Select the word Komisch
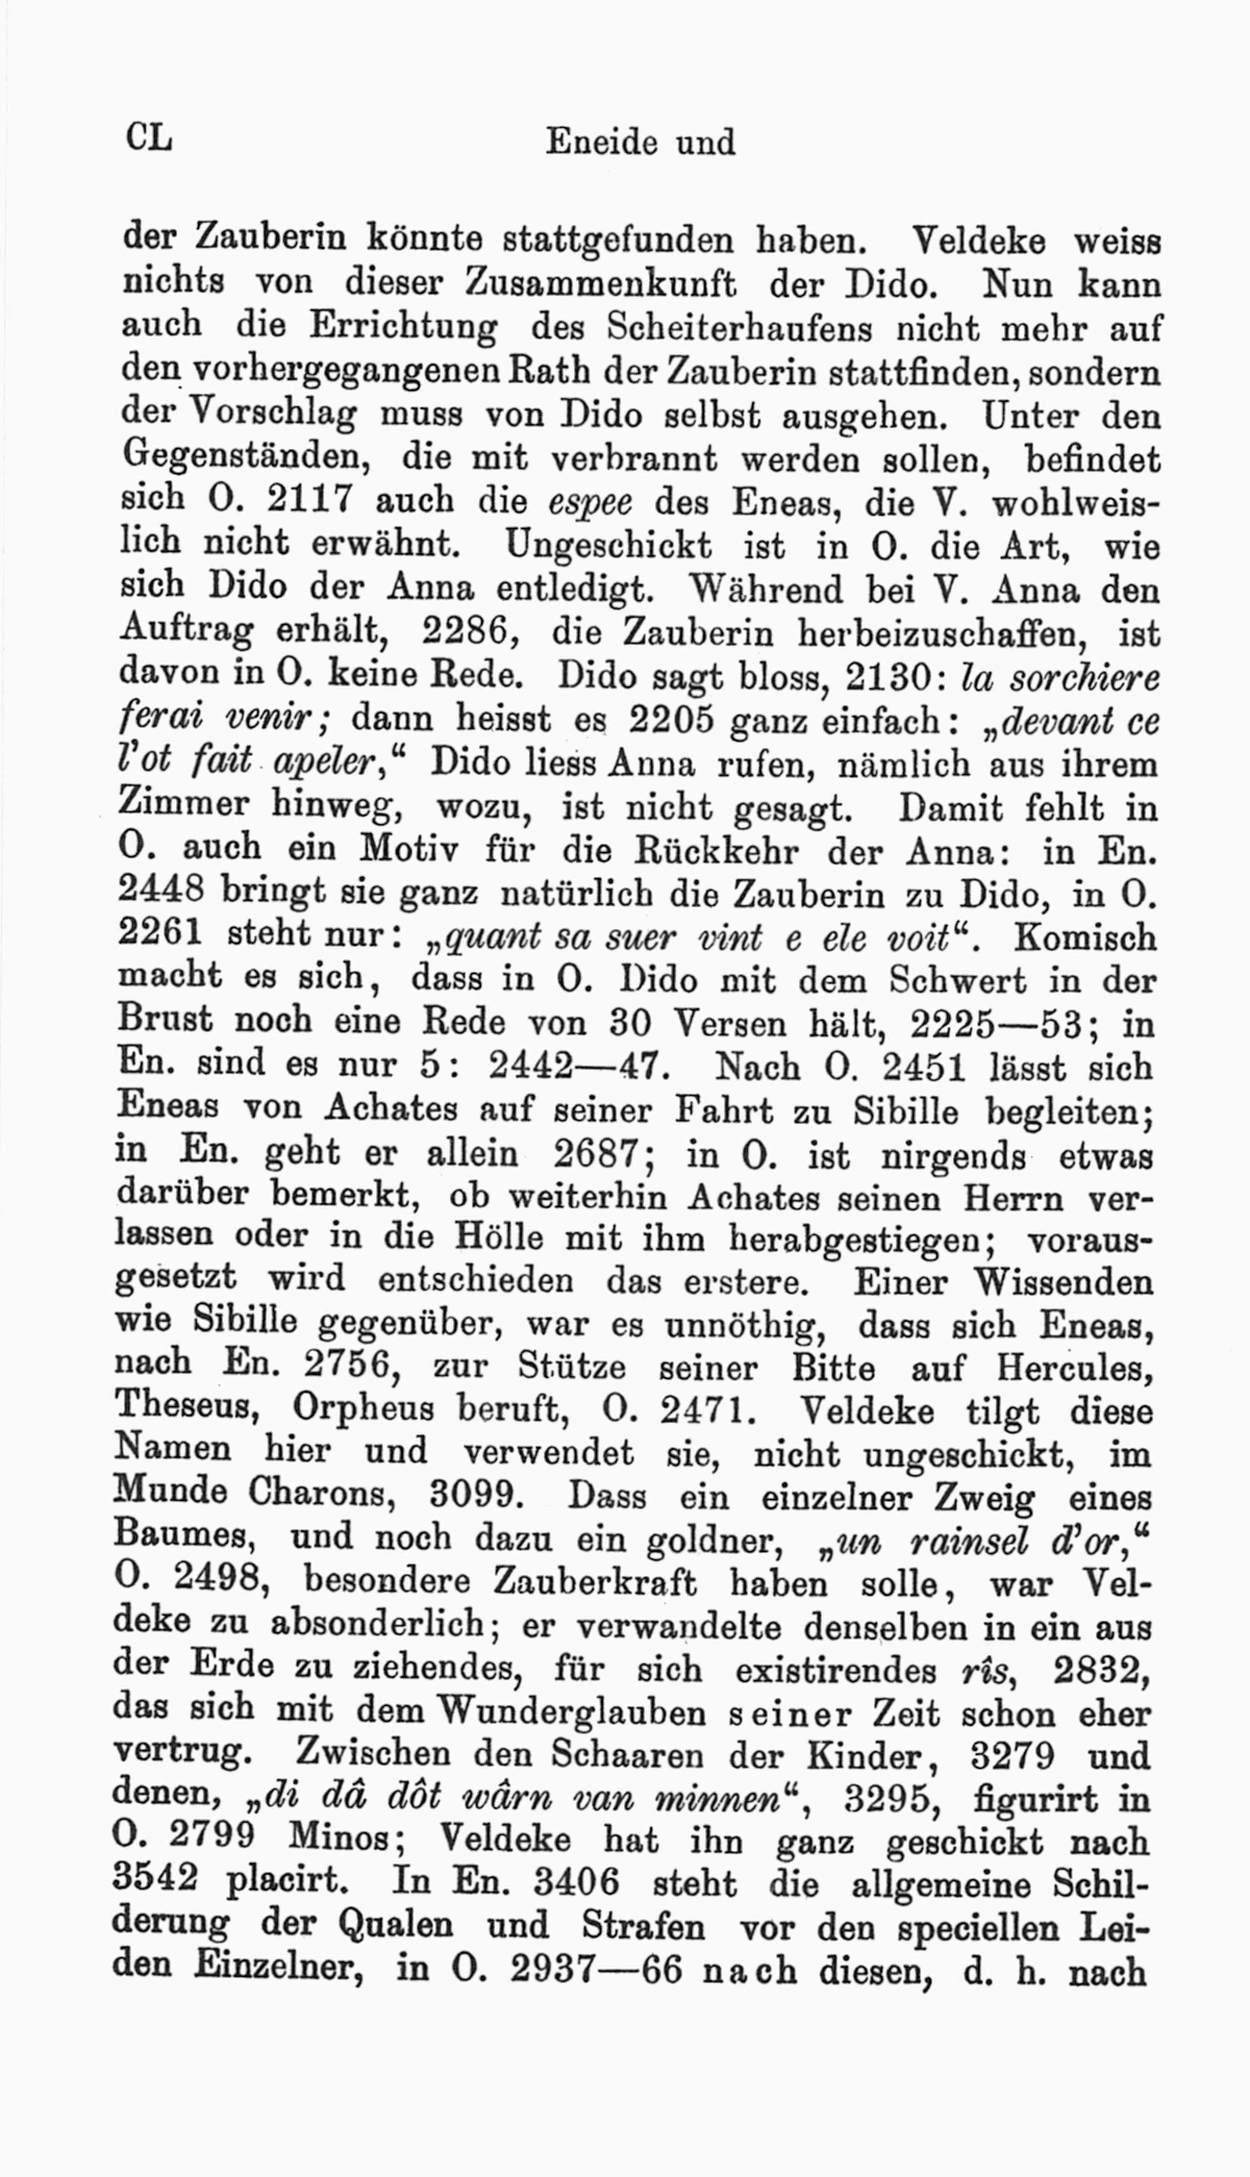click(x=1084, y=938)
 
